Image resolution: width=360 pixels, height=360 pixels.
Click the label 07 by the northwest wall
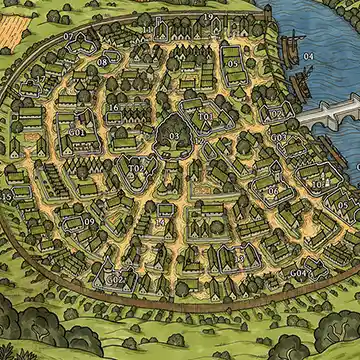69,36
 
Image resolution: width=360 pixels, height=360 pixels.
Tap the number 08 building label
102,62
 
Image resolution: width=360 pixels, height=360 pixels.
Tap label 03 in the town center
174,135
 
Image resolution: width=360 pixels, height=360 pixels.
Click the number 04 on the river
308,57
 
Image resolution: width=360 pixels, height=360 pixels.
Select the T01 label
205,117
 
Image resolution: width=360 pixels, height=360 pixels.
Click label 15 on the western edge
8,197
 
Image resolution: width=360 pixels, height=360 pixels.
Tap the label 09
89,222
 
